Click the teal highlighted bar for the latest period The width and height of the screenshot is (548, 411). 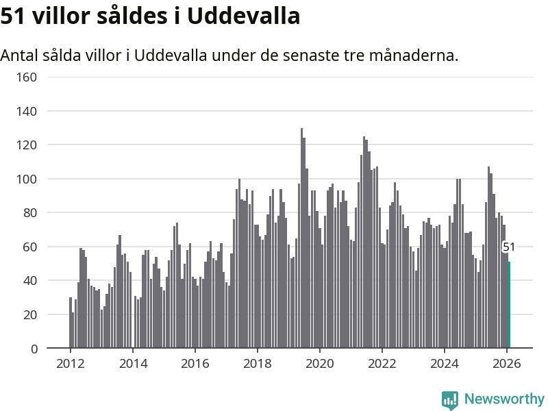(509, 305)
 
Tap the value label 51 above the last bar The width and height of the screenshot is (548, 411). (509, 247)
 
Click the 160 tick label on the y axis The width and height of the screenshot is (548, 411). (26, 77)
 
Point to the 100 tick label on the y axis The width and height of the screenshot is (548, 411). (26, 179)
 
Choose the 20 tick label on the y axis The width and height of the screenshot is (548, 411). (29, 315)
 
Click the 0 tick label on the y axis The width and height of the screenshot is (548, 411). (34, 349)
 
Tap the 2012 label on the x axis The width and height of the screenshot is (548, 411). (70, 364)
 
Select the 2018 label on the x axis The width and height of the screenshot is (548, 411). (257, 364)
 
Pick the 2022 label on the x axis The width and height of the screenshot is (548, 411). (382, 364)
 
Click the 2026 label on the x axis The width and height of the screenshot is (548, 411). (506, 364)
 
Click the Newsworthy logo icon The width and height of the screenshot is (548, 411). (450, 400)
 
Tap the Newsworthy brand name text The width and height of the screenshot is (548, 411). (504, 399)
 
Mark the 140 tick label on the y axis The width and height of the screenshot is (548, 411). (26, 111)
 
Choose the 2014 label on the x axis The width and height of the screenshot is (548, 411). (132, 364)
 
